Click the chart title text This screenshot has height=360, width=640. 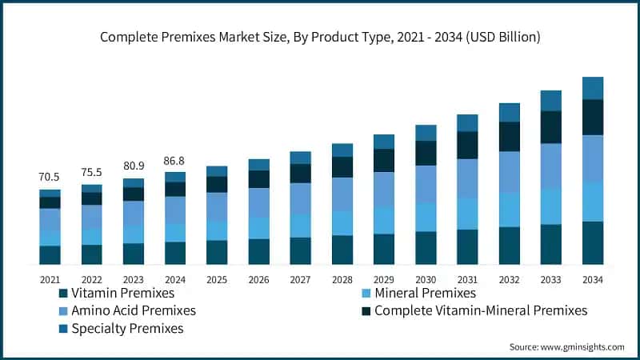pos(320,37)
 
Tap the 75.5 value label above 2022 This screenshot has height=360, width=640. pos(91,173)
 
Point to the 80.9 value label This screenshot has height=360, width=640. pos(133,167)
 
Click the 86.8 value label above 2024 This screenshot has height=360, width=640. pos(174,161)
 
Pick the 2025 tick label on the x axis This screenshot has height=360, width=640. pos(217,279)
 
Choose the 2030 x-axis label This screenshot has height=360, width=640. pos(426,279)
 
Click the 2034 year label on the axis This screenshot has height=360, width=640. pos(593,279)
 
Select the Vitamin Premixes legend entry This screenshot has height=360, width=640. pos(120,294)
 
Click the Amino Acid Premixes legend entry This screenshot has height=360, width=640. pos(133,310)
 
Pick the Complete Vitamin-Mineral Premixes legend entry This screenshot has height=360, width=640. pos(480,310)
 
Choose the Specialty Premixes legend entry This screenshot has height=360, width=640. pos(127,328)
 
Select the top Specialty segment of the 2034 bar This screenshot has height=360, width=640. pos(593,88)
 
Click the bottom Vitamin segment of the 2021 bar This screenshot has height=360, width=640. pos(50,254)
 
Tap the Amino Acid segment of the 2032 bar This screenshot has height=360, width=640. pos(510,171)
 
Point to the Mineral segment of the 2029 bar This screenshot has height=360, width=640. pos(384,220)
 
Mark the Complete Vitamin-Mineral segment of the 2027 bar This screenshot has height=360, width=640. pos(301,174)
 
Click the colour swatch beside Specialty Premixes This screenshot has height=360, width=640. pos(62,329)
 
